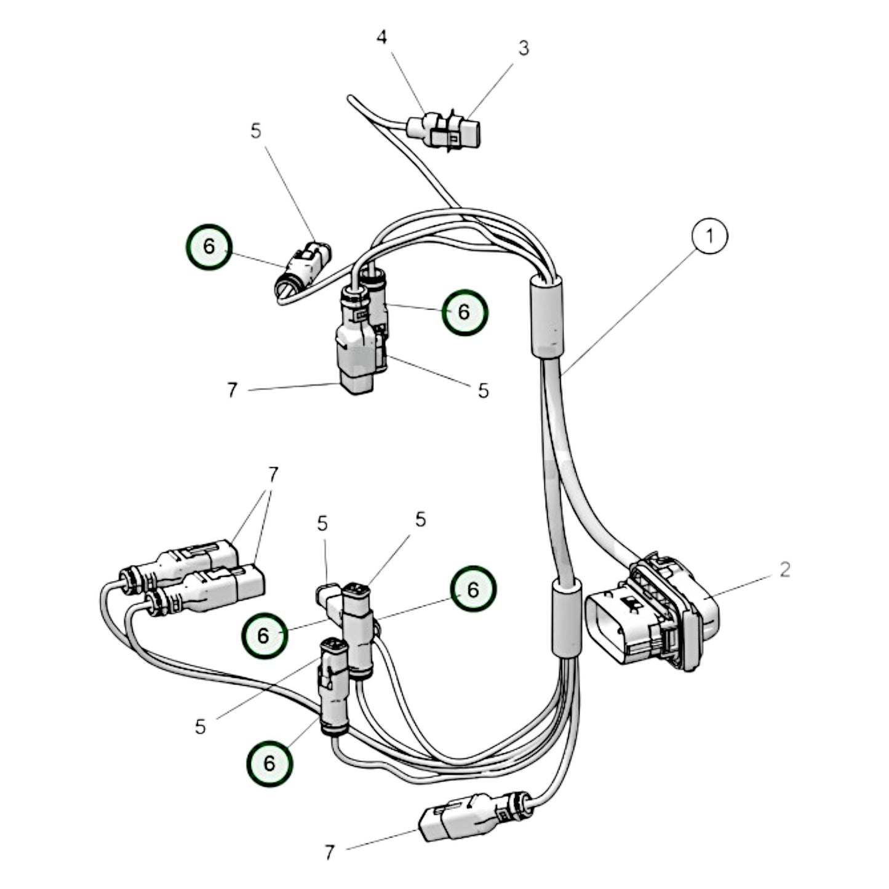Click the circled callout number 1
(709, 236)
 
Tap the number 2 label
(784, 569)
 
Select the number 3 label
(523, 48)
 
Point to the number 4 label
(382, 38)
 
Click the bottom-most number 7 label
(330, 852)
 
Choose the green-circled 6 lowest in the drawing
(269, 763)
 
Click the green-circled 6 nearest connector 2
(472, 589)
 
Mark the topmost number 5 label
(256, 130)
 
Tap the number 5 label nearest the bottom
(201, 727)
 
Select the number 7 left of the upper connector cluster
(232, 390)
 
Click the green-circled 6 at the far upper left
(209, 247)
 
